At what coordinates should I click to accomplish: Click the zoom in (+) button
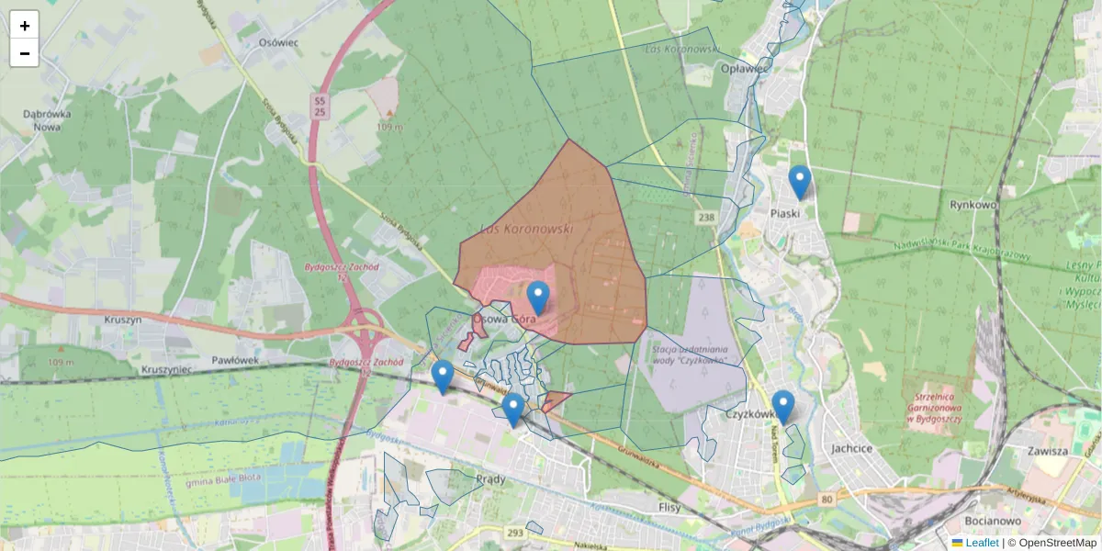pos(25,25)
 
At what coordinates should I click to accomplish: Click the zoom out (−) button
pos(25,53)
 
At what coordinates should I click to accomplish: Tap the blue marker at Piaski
pos(800,182)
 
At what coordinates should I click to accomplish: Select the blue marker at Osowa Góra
pos(538,298)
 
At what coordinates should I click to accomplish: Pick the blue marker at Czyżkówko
pos(783,406)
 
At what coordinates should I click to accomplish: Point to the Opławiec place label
pos(745,68)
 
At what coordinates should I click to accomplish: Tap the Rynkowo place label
pos(973,205)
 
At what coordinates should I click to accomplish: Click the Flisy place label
pos(669,507)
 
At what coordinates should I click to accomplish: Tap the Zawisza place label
pos(1048,451)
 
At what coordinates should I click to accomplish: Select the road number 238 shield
pos(705,217)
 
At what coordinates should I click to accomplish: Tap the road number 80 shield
pos(827,500)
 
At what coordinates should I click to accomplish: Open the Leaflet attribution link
pos(981,543)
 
